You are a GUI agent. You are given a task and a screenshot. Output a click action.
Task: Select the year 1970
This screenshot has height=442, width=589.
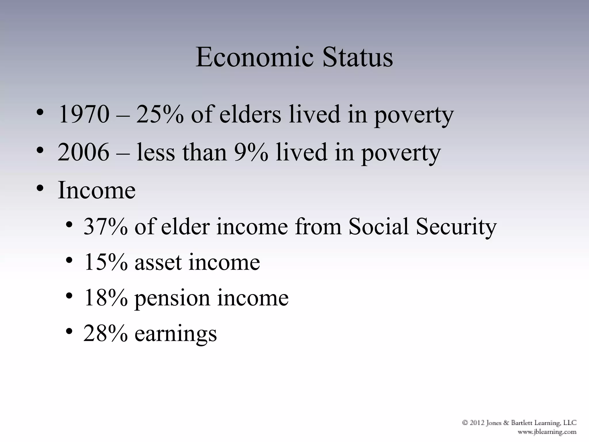(x=84, y=114)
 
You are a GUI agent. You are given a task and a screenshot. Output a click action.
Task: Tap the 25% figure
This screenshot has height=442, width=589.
(x=160, y=114)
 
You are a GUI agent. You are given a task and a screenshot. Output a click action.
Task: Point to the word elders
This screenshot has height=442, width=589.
(x=250, y=114)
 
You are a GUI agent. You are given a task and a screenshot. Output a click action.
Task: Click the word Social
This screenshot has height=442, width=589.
(x=378, y=226)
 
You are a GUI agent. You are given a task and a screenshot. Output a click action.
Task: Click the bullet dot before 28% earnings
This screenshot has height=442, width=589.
(x=69, y=331)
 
